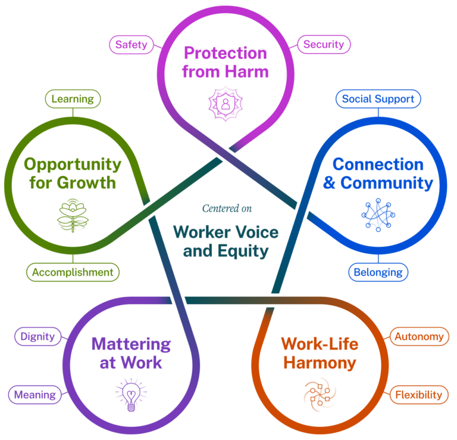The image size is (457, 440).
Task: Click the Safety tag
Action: [x=132, y=45]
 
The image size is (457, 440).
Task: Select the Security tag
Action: [x=324, y=45]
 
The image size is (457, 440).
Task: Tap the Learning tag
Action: [x=73, y=99]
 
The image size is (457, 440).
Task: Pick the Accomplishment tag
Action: [x=73, y=272]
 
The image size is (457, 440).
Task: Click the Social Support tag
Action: [x=378, y=99]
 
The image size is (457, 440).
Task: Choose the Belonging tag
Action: [x=378, y=272]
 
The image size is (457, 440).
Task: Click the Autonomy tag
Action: [x=419, y=336]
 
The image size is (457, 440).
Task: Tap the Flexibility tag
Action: [x=419, y=394]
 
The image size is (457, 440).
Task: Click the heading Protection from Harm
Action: [x=226, y=63]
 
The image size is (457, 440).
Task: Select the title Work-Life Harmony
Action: [x=320, y=353]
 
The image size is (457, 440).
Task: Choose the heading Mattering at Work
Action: [x=130, y=353]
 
